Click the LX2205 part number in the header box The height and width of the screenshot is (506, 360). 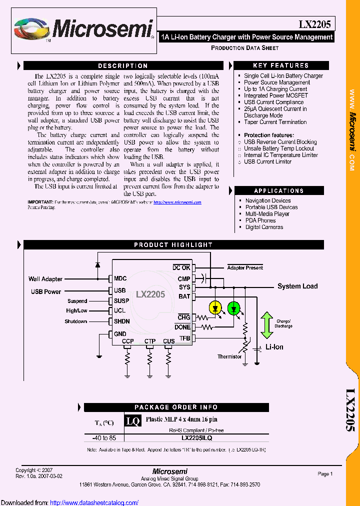point(314,24)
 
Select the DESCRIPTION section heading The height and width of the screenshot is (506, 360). point(123,66)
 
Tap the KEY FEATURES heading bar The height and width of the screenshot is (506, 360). point(281,65)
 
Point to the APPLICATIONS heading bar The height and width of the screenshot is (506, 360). point(281,191)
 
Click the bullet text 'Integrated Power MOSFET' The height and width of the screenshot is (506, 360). point(275,95)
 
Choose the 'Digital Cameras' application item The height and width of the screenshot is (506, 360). point(264,227)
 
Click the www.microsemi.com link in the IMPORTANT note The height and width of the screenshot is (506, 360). point(177,202)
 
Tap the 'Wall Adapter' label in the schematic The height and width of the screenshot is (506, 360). point(45,279)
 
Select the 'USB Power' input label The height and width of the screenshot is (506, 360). point(46,291)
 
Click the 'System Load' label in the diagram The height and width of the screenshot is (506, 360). point(297,286)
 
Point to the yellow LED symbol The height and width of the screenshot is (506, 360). point(215,308)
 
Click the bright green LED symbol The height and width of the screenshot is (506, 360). point(233,308)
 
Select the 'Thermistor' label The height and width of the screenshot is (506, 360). point(229,356)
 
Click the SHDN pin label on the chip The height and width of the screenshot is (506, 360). point(121,321)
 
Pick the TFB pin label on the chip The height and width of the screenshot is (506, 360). point(184,338)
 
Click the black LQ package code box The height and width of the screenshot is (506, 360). point(133,421)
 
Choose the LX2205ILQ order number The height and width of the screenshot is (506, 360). point(196,438)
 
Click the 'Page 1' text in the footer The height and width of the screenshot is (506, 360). point(325,474)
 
